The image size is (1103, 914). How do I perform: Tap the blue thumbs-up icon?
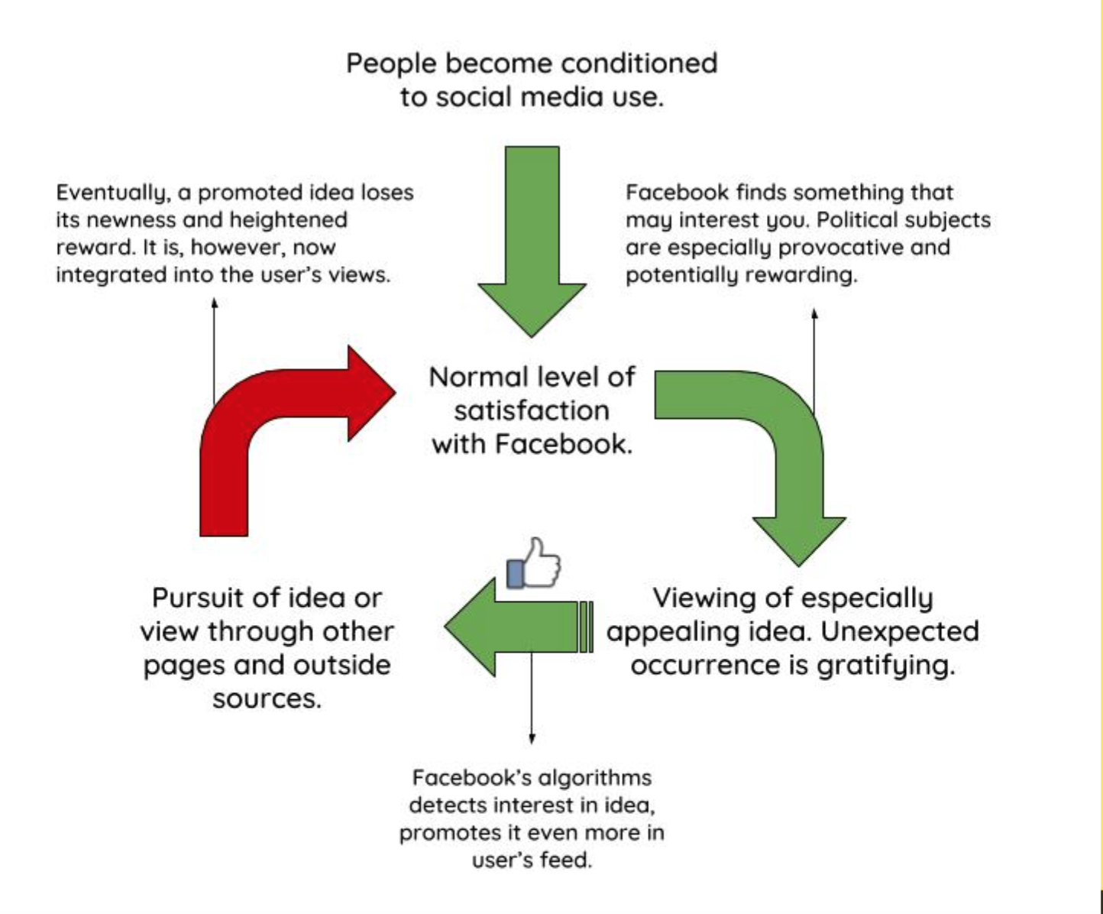(x=534, y=564)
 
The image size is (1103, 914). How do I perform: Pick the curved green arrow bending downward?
(x=794, y=459)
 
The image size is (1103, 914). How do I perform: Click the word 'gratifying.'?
(x=886, y=666)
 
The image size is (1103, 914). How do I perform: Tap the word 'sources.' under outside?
(x=267, y=698)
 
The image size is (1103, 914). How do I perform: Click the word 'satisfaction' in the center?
(x=532, y=410)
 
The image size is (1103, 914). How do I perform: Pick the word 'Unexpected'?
(x=900, y=631)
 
